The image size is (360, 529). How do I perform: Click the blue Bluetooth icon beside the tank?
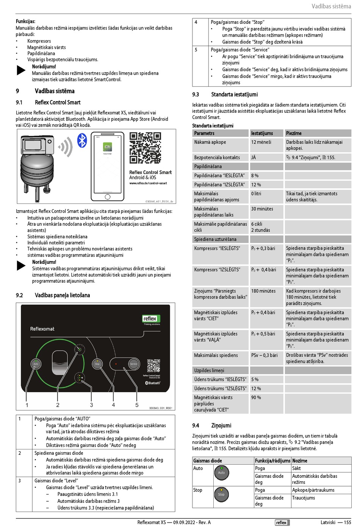[82, 140]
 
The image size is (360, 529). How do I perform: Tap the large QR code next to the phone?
[145, 148]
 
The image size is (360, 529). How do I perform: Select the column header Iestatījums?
[262, 133]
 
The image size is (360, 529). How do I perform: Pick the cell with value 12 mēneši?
[261, 142]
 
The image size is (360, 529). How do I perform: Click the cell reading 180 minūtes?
[263, 291]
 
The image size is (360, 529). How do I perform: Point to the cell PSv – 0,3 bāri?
[264, 355]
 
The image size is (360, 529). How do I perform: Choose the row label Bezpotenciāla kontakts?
[217, 157]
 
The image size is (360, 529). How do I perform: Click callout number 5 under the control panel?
[137, 405]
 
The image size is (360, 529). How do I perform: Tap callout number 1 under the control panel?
[27, 405]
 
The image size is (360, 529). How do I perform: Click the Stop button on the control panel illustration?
[97, 364]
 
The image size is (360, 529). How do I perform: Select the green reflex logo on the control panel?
[150, 319]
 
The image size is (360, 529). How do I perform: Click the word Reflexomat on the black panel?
[42, 329]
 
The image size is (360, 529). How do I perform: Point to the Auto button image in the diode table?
[221, 473]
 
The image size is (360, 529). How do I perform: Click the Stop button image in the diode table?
[221, 494]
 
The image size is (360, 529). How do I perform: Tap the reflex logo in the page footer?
[281, 523]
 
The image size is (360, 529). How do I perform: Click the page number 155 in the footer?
[347, 522]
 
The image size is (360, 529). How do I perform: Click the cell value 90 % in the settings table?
[256, 398]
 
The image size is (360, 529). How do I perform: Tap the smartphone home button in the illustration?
[108, 197]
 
